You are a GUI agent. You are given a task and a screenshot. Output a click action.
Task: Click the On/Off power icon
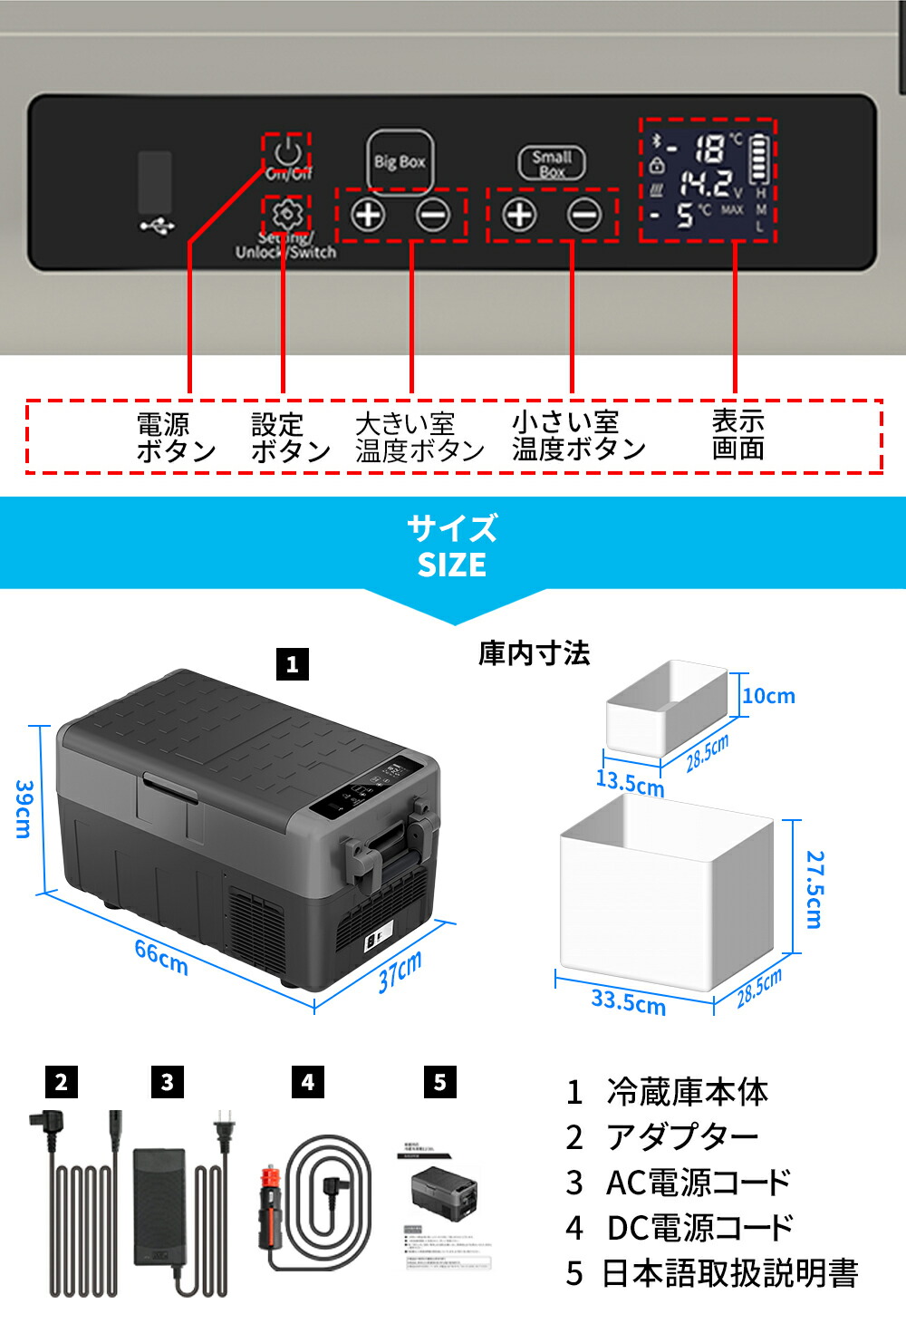point(287,150)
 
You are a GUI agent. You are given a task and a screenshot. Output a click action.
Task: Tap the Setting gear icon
point(286,214)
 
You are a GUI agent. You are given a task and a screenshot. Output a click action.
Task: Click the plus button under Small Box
point(519,215)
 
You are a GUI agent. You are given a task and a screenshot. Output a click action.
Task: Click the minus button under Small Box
point(584,215)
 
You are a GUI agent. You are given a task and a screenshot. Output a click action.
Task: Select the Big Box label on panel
point(400,162)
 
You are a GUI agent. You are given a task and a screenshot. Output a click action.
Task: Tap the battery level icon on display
point(759,159)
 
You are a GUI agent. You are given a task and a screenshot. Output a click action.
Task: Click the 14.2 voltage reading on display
point(709,184)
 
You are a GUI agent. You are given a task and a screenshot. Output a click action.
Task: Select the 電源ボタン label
point(176,438)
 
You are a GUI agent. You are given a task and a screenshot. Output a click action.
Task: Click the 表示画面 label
point(737,435)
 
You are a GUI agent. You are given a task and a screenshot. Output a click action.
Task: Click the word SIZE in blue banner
point(451,565)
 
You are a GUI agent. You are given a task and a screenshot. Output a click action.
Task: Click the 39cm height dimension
point(24,809)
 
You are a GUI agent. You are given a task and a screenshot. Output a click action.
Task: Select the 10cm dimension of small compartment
point(768,696)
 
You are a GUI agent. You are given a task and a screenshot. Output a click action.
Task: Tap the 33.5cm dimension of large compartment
point(628,1001)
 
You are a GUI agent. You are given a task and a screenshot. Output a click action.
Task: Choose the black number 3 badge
point(167,1082)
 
